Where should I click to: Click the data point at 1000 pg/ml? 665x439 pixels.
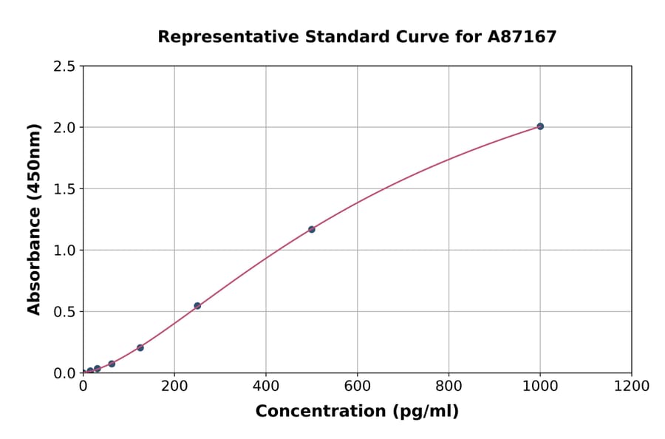coord(540,126)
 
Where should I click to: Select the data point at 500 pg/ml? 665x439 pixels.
coord(312,229)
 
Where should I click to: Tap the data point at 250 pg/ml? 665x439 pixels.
coord(197,305)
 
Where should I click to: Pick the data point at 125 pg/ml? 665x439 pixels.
coord(140,347)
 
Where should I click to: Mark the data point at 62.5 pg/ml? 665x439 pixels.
coord(112,364)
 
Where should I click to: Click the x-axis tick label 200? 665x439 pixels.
coord(174,386)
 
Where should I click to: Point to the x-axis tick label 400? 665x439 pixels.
coord(266,386)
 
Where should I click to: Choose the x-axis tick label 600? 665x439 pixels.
coord(357,386)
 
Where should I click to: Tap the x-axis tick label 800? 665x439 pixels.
coord(449,386)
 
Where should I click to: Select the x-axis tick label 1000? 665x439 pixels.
coord(540,386)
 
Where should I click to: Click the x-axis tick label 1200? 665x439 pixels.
coord(632,386)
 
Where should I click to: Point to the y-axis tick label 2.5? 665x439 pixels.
coord(64,67)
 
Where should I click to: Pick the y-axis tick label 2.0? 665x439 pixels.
coord(64,128)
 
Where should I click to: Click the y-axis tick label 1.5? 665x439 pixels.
coord(64,189)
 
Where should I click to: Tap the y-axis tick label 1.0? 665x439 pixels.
coord(64,251)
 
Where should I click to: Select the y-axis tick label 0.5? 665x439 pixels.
coord(64,312)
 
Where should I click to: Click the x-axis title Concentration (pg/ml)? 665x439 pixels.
coord(357,412)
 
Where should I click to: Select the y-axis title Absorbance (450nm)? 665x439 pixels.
coord(34,219)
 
